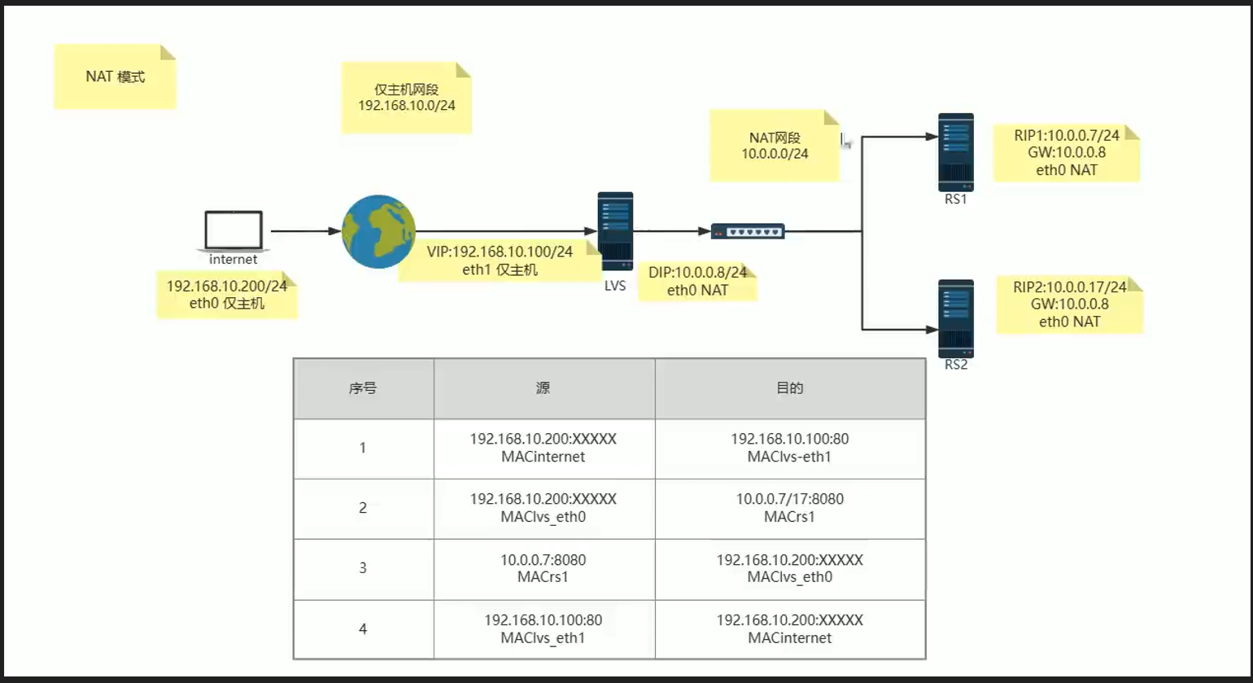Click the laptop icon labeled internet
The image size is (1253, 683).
[x=234, y=230]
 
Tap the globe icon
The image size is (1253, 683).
[x=378, y=231]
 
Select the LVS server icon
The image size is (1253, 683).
[x=615, y=231]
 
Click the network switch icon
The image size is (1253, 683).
[x=748, y=231]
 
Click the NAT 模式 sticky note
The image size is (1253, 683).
[x=115, y=77]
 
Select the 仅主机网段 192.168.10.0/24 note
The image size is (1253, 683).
[x=406, y=98]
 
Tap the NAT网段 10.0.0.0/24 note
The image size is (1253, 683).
[x=774, y=145]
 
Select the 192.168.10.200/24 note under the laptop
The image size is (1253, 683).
[x=226, y=295]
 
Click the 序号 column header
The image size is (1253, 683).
[x=363, y=388]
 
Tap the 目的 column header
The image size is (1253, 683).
[x=789, y=388]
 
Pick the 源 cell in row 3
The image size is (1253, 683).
[x=544, y=568]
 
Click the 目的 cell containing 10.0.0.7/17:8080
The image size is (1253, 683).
[x=789, y=508]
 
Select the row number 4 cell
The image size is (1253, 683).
[x=363, y=628]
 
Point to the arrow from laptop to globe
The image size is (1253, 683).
[x=304, y=231]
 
